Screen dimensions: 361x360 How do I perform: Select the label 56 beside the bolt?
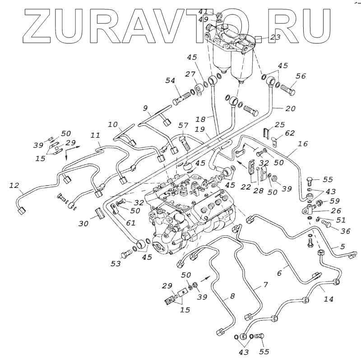[301, 76]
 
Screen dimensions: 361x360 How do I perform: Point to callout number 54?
[170, 80]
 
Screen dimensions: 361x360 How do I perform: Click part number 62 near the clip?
[290, 133]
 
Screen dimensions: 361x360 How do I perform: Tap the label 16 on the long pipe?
[303, 144]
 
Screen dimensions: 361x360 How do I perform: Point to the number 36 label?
[346, 232]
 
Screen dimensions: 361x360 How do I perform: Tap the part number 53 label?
[116, 263]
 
